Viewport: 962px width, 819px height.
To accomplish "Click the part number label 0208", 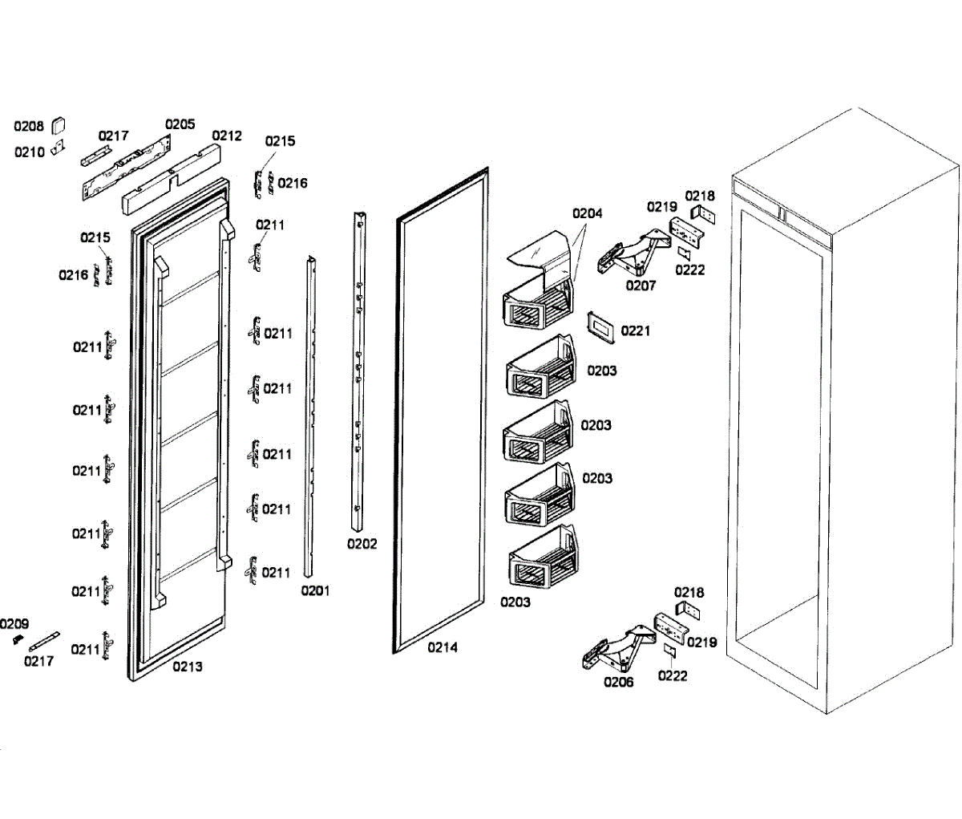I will (29, 126).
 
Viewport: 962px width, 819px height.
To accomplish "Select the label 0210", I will (29, 152).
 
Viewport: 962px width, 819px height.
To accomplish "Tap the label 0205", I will (180, 124).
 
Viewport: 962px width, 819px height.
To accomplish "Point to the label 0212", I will (226, 136).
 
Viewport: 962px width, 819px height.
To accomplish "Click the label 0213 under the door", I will (187, 667).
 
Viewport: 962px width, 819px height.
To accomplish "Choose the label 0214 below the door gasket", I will (442, 647).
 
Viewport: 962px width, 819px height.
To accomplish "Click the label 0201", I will (315, 591).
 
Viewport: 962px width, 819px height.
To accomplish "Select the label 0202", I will (362, 544).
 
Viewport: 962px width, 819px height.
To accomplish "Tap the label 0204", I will (587, 213).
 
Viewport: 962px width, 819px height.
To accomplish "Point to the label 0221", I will (635, 330).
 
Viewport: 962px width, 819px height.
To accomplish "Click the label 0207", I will (641, 286).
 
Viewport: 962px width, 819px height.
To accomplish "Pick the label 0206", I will (618, 682).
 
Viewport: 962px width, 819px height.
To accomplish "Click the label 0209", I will (14, 624).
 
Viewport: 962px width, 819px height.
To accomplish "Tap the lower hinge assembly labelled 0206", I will (617, 648).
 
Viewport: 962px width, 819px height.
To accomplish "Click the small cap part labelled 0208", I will (58, 124).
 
